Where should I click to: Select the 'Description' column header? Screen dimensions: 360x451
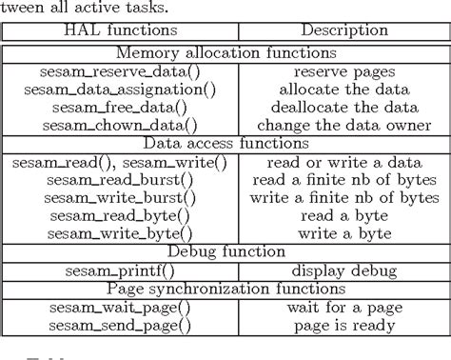(340, 30)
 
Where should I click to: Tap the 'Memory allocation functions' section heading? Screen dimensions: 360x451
(225, 53)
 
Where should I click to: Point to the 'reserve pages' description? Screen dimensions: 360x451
(340, 71)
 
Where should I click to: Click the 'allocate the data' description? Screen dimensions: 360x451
(340, 89)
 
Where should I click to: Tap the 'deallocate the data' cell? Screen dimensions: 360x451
(340, 107)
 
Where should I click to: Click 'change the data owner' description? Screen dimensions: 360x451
(340, 125)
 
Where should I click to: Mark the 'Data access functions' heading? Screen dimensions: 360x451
(225, 143)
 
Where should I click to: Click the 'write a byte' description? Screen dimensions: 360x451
(340, 233)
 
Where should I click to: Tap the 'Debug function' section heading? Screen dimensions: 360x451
(225, 251)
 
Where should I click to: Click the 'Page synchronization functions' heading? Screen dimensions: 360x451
(225, 289)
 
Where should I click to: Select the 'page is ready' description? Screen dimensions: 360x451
(340, 326)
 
